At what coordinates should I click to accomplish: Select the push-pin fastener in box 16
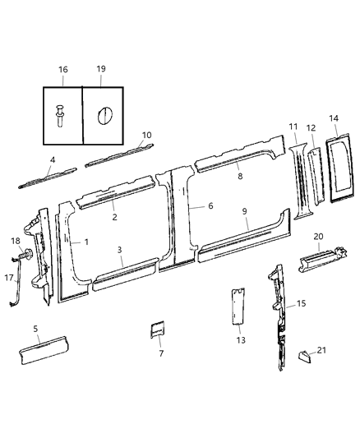coord(62,113)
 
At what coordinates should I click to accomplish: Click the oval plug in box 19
coord(104,114)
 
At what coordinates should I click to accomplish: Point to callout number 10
coord(146,135)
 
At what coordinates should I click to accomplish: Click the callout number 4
coord(52,160)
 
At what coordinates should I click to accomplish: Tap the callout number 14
coord(334,118)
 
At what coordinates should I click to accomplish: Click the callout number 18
coord(14,240)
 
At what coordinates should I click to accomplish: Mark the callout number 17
coord(10,278)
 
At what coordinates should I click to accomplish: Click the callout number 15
coord(301,304)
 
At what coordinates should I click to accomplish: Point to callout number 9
coord(245,211)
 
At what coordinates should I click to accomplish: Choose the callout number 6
coord(210,205)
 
